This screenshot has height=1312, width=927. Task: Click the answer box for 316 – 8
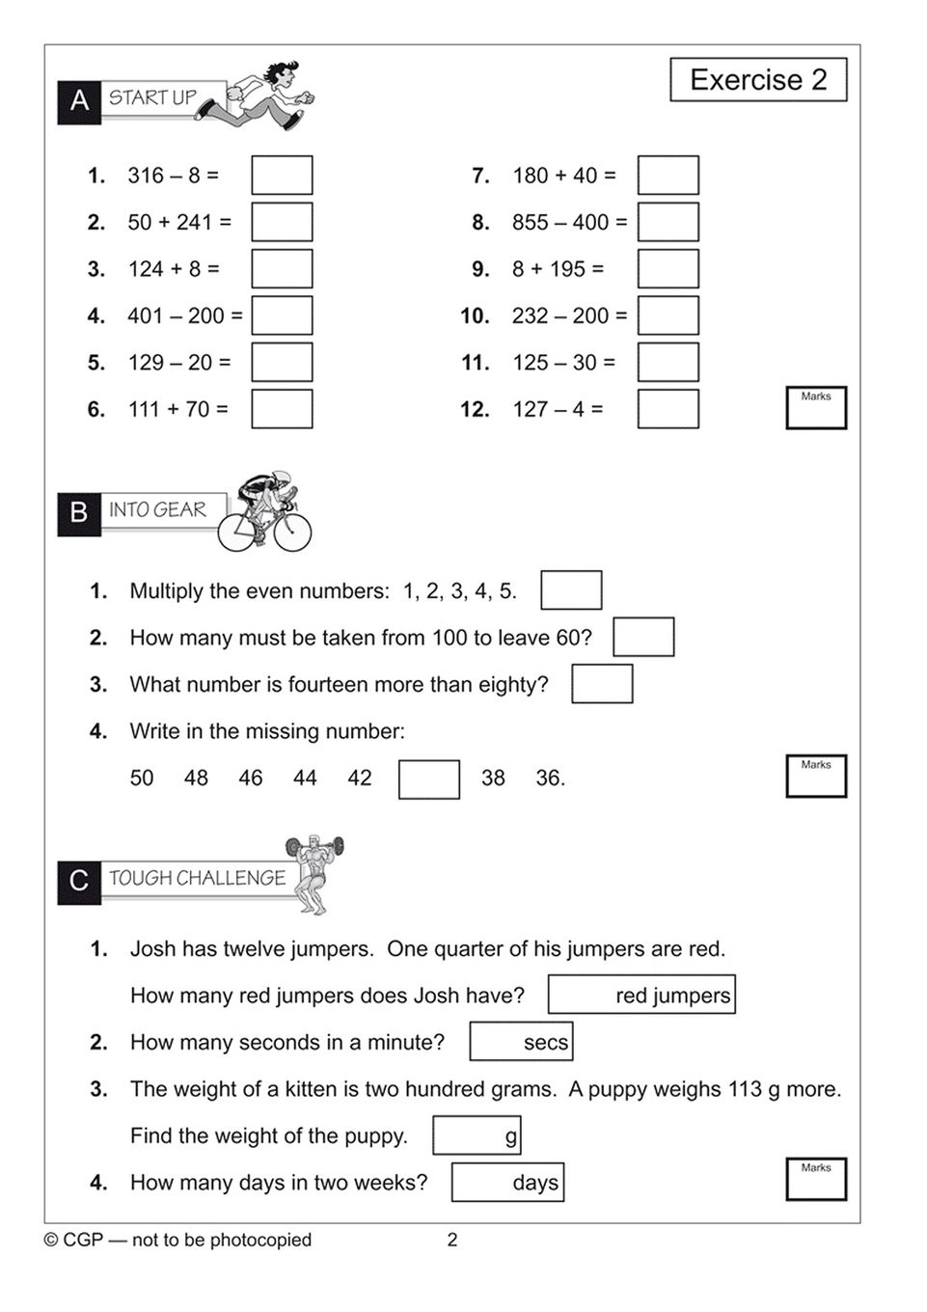pos(282,176)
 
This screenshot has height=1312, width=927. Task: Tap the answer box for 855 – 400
pos(668,222)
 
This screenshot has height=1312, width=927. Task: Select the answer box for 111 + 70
pos(282,409)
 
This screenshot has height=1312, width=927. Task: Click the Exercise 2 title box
pos(758,80)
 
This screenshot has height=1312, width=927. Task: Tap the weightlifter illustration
pos(314,873)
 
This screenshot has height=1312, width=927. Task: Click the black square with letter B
pos(79,511)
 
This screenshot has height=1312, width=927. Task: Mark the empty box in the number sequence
pos(429,779)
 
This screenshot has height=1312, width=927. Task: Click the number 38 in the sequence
pos(493,779)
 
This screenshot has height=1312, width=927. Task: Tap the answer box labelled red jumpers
pos(641,995)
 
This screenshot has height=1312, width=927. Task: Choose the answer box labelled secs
pos(521,1042)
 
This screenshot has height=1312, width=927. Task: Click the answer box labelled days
pos(507,1183)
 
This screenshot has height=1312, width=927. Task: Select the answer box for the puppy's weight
pos(477,1135)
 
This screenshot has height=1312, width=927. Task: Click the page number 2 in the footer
pos(452,1240)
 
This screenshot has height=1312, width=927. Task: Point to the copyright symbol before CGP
pos(51,1240)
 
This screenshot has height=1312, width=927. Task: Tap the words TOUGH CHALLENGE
pos(197,878)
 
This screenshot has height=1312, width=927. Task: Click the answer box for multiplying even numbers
pos(571,590)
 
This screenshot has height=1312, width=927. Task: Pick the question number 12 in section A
pos(475,410)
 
